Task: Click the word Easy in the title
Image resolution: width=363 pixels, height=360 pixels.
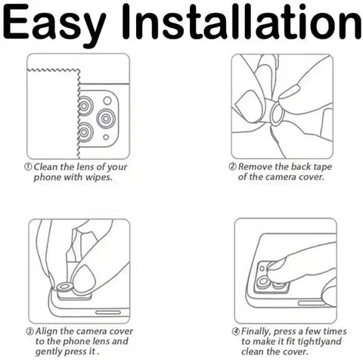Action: click(54, 24)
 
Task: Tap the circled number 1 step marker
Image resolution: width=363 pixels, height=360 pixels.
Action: click(28, 167)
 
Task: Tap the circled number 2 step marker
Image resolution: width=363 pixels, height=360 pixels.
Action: click(233, 166)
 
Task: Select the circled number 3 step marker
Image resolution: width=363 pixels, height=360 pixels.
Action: click(29, 331)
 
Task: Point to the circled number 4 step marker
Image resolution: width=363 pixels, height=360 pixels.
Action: click(236, 331)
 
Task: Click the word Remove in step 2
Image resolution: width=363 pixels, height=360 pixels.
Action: click(256, 166)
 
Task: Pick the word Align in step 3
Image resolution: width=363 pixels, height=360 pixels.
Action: click(47, 331)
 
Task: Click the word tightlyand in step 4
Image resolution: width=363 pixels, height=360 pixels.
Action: click(319, 342)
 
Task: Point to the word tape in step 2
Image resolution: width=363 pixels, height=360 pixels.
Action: click(322, 167)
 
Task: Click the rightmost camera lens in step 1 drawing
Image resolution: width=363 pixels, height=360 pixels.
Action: click(106, 118)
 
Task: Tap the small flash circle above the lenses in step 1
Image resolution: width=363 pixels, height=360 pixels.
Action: click(107, 101)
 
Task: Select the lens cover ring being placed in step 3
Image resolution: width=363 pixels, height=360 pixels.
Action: click(65, 287)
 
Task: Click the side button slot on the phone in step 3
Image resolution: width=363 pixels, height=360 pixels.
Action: click(108, 312)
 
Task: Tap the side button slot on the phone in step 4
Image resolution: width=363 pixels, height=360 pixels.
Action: click(312, 303)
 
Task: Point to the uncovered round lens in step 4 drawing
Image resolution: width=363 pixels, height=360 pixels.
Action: click(263, 282)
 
